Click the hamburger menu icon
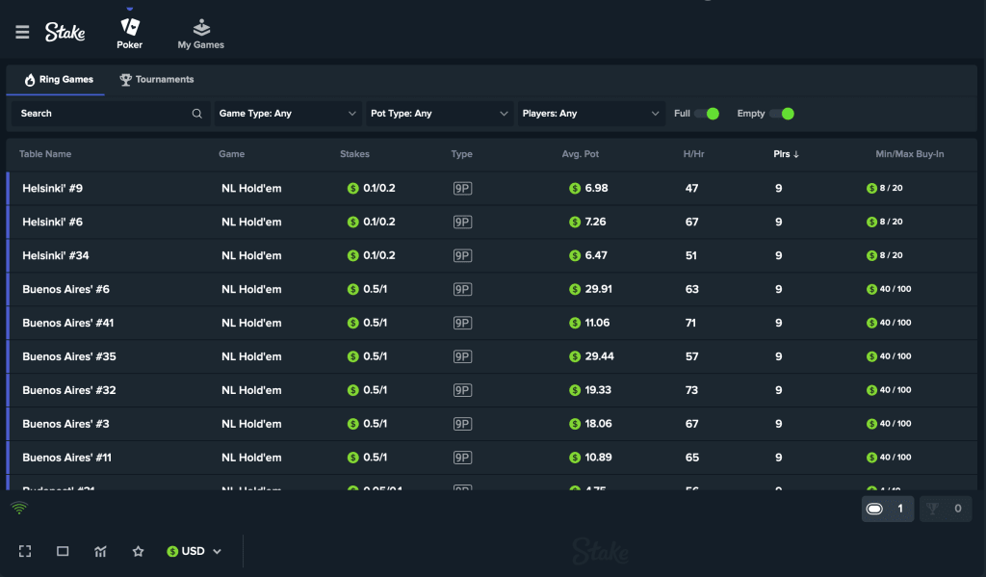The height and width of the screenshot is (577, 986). coord(22,33)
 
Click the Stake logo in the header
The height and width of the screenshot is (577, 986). coord(65,33)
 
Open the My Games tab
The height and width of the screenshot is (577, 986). coord(200,35)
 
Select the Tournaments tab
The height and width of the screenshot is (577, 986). coord(156,80)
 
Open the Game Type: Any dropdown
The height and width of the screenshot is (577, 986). coord(288,114)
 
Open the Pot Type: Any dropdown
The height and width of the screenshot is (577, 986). coord(439,114)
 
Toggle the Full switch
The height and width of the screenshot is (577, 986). coord(708,114)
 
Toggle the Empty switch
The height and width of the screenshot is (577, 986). coord(782,114)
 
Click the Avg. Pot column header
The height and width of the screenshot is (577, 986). coord(581,154)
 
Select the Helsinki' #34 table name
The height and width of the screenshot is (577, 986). coord(56,255)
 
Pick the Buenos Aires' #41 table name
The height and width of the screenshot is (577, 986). coord(68,323)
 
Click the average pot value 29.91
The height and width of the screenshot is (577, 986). coord(598,289)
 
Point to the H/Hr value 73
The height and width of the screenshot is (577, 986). coord(691,390)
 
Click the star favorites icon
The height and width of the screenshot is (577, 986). coord(138,551)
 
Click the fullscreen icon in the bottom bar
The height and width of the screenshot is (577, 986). coord(25,551)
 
